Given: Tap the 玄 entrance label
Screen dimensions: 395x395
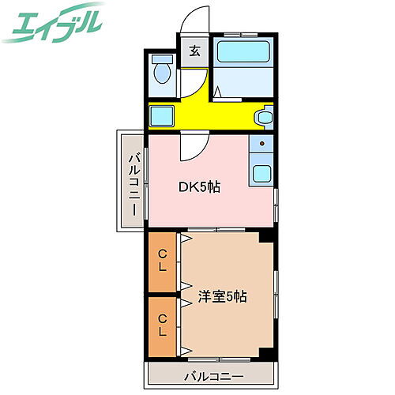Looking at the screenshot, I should pos(194,52).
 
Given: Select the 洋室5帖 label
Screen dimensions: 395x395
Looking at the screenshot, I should pos(223,297).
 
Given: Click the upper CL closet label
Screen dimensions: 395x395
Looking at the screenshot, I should pos(161,260).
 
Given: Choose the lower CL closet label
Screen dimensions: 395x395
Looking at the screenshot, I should pos(161,325).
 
